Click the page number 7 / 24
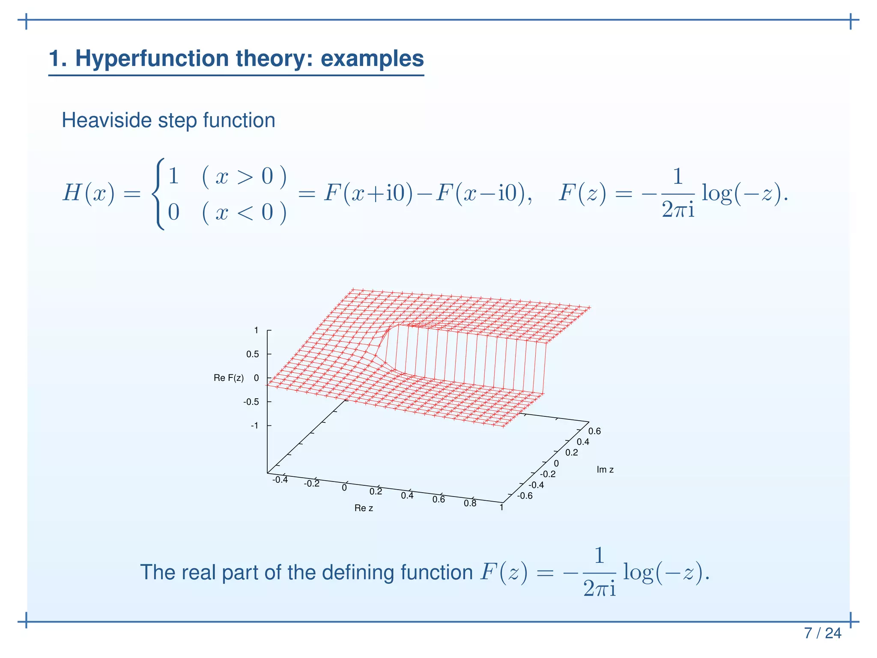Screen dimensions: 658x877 822,633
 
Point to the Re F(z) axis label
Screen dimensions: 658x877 229,378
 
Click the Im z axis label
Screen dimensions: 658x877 605,470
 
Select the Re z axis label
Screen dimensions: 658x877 364,508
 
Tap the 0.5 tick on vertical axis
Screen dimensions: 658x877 252,354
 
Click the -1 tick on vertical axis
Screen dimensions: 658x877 254,425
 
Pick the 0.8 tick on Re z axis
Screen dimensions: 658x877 470,503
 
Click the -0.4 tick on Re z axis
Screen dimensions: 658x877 280,480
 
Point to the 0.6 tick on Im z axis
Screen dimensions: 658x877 594,431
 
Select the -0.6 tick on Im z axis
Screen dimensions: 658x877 525,496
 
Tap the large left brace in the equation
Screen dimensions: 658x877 158,194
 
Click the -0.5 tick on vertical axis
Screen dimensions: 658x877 251,402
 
